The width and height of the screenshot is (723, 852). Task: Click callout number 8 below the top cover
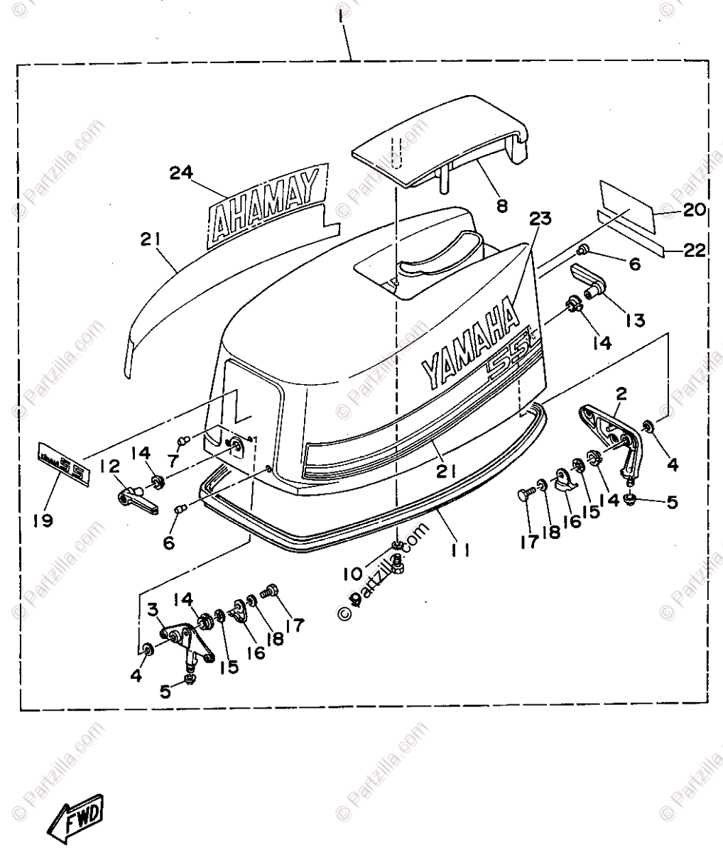(502, 207)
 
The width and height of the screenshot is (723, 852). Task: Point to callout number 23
(540, 219)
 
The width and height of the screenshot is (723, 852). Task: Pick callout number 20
(694, 209)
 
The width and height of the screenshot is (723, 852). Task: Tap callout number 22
(694, 249)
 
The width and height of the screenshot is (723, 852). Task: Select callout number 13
(635, 320)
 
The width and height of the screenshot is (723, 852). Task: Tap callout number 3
(153, 609)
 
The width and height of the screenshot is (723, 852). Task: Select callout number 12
(110, 466)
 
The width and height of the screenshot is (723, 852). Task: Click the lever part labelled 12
(135, 500)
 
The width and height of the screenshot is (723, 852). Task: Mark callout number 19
(43, 520)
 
